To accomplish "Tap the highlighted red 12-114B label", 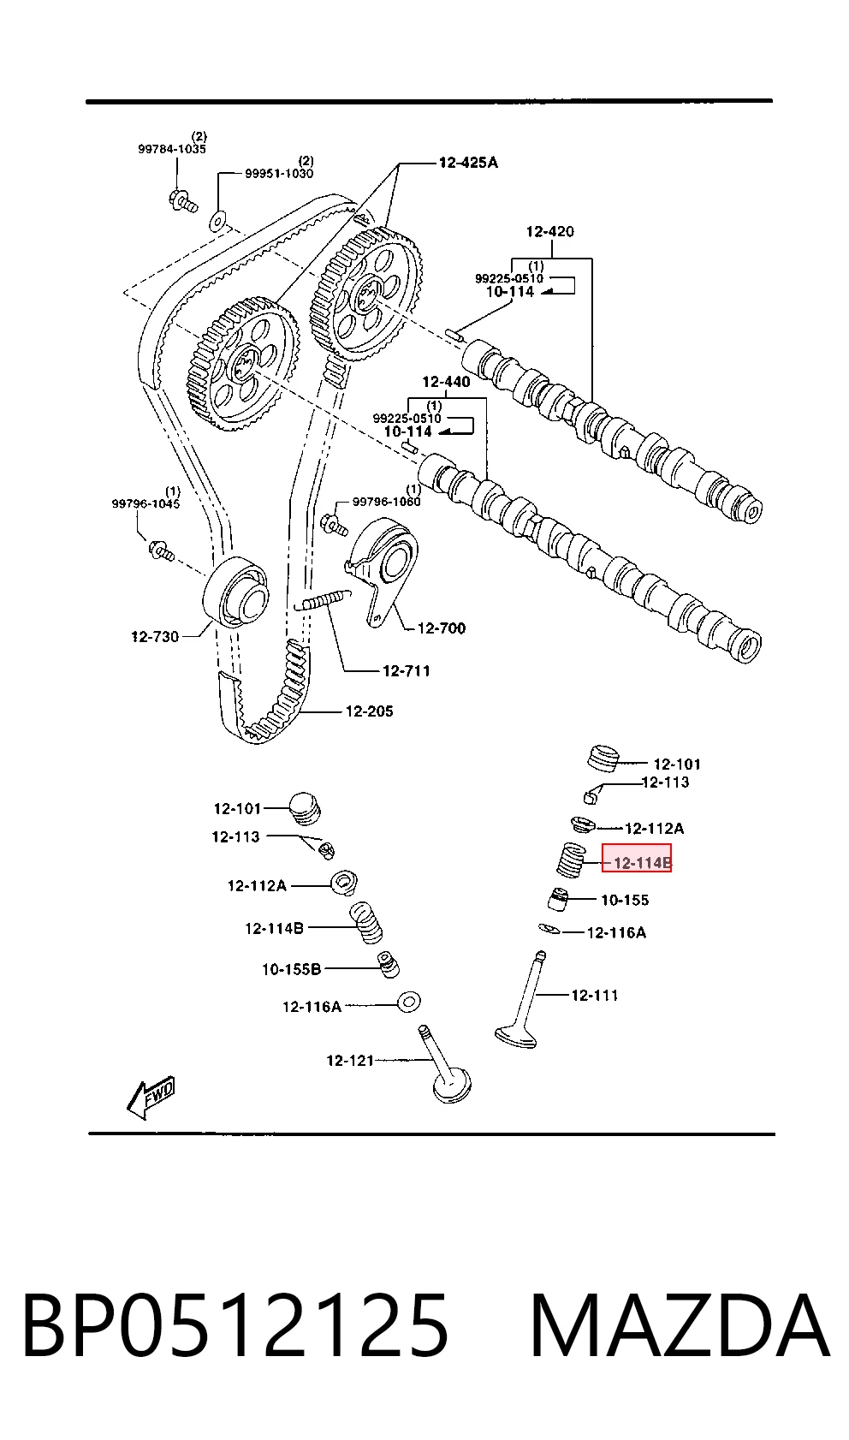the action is (636, 858).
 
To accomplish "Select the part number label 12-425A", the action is (468, 163).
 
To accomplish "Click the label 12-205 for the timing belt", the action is (369, 711).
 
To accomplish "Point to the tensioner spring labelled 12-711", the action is (322, 601).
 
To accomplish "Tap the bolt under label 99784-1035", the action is (182, 200).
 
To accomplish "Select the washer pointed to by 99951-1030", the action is (217, 220).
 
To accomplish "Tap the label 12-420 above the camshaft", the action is (549, 231).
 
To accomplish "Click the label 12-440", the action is (446, 382).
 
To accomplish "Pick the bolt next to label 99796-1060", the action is (334, 524).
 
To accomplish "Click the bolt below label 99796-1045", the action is (161, 550).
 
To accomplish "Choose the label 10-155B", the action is (291, 969).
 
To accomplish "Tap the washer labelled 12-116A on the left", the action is (408, 1002).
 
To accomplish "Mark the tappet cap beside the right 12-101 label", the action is (603, 758).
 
